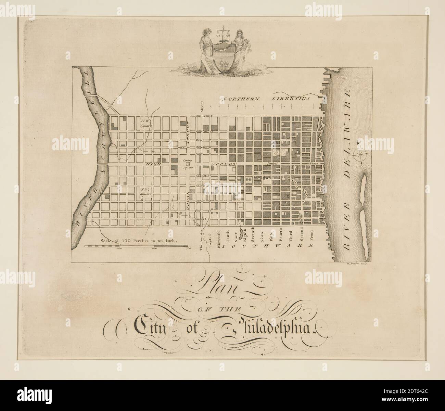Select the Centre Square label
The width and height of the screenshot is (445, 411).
click(188, 164)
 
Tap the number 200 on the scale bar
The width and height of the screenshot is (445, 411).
click(153, 249)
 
